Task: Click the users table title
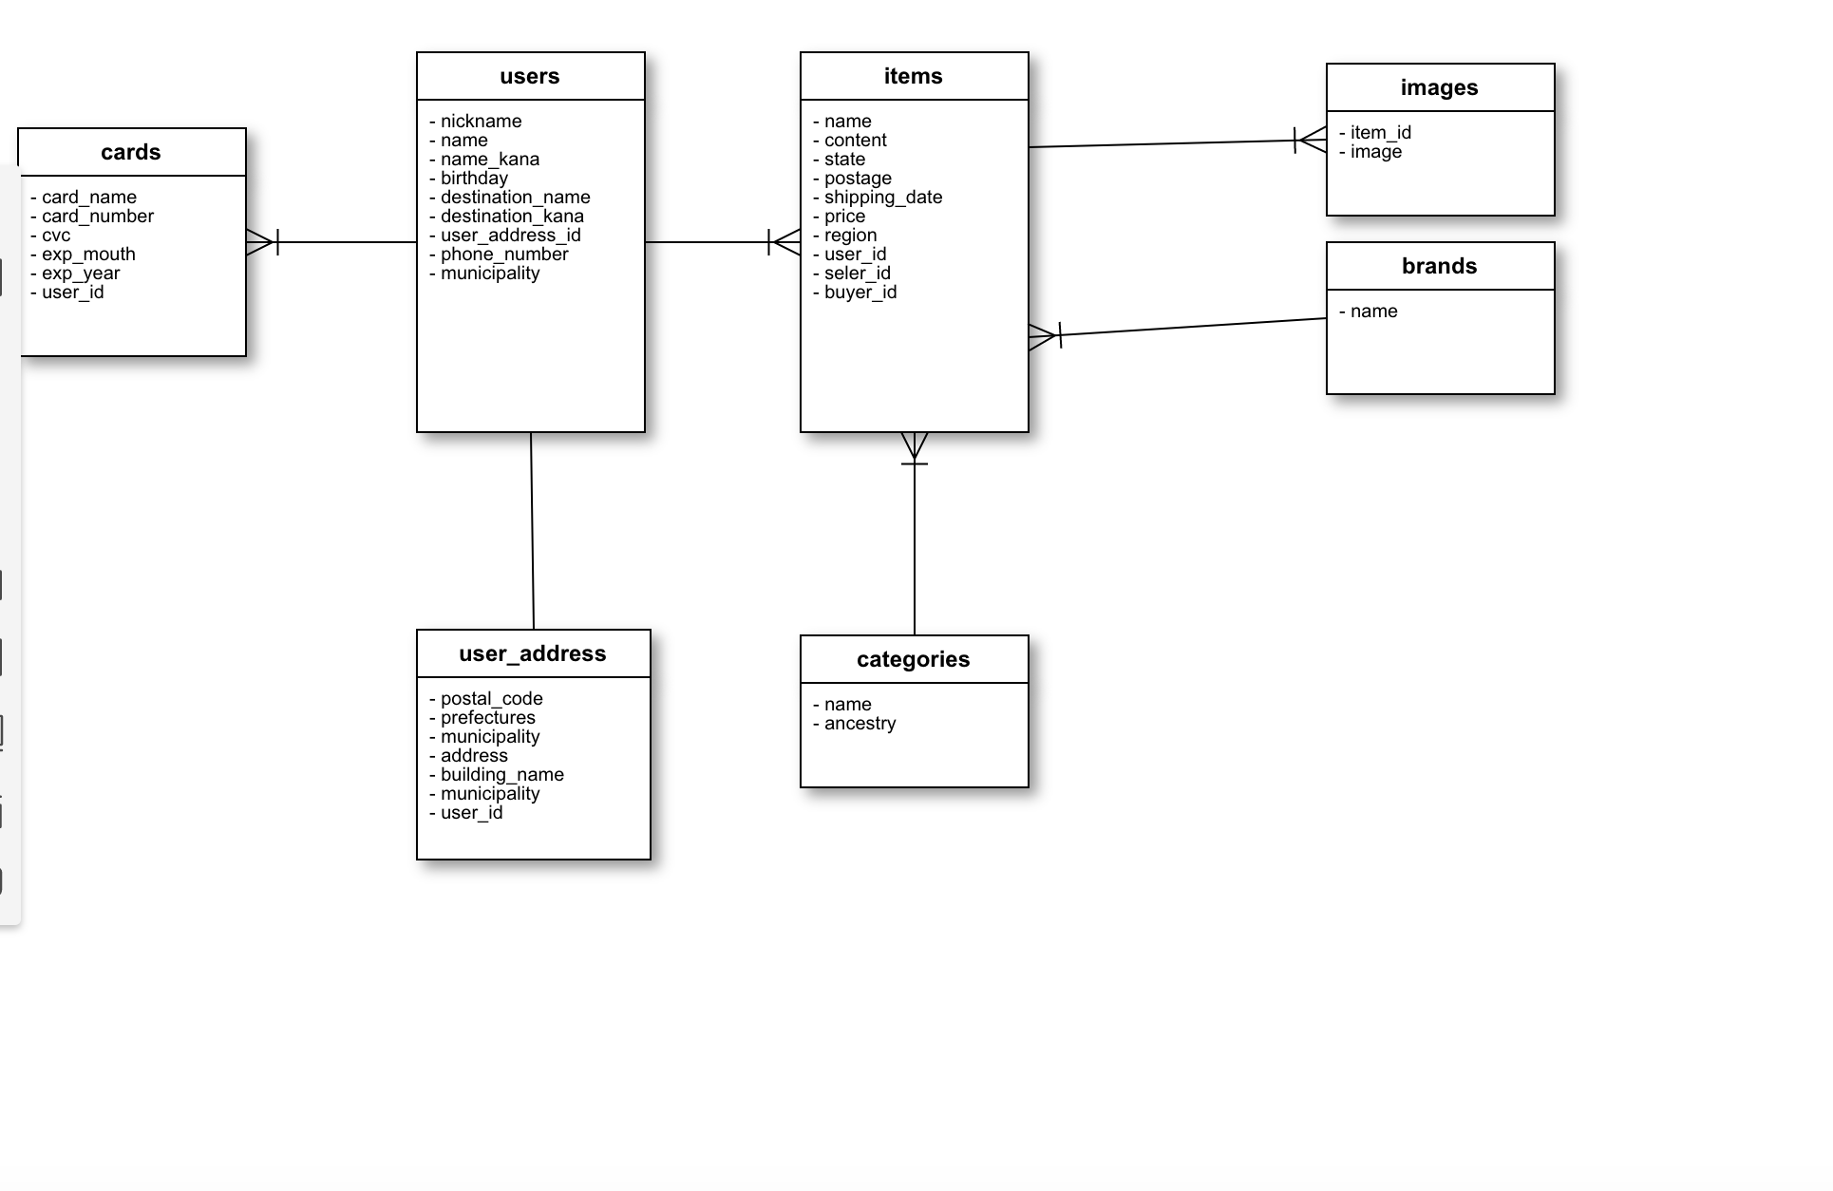[x=530, y=77]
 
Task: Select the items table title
[x=913, y=77]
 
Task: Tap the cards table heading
[x=131, y=153]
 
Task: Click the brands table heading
[x=1439, y=267]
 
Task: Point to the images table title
[x=1439, y=88]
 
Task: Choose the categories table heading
[x=913, y=660]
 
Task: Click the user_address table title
[x=532, y=654]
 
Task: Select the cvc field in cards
[x=55, y=236]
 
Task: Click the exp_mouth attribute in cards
[x=87, y=255]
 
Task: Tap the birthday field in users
[x=473, y=179]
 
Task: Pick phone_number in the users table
[x=503, y=255]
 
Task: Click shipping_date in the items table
[x=882, y=198]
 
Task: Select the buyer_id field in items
[x=860, y=293]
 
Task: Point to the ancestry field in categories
[x=860, y=724]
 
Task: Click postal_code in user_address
[x=491, y=699]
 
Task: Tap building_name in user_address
[x=501, y=775]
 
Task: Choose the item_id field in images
[x=1380, y=133]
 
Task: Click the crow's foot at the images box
[x=1312, y=141]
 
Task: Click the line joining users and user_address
[x=532, y=532]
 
